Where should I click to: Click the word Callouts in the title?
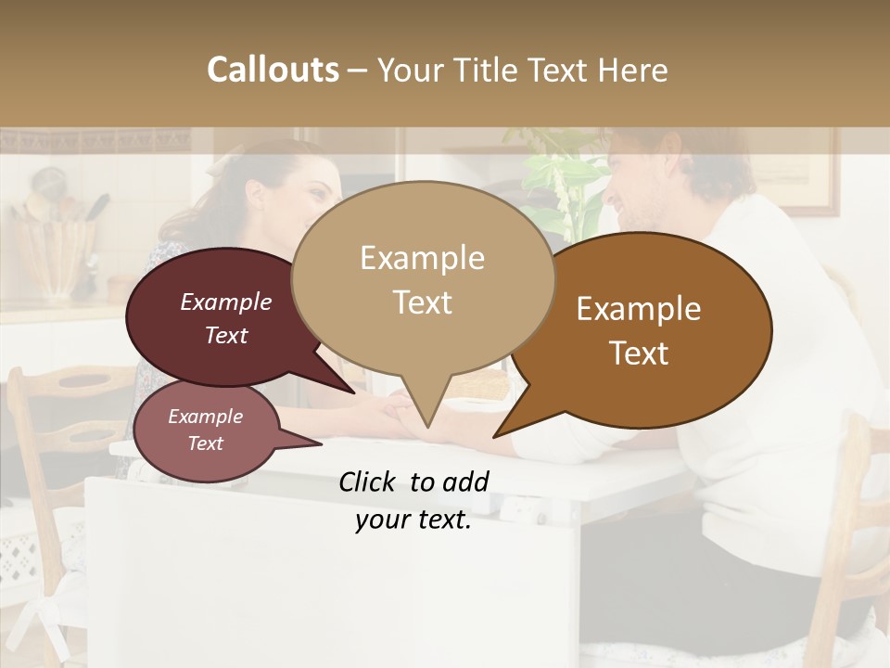(273, 70)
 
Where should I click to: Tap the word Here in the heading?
(631, 70)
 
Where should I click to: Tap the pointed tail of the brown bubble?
(496, 435)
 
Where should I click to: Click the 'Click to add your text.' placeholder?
(413, 501)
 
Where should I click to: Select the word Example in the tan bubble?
(422, 258)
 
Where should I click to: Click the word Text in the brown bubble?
(639, 353)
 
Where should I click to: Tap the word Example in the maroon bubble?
(225, 302)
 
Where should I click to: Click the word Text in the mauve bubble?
(205, 443)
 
